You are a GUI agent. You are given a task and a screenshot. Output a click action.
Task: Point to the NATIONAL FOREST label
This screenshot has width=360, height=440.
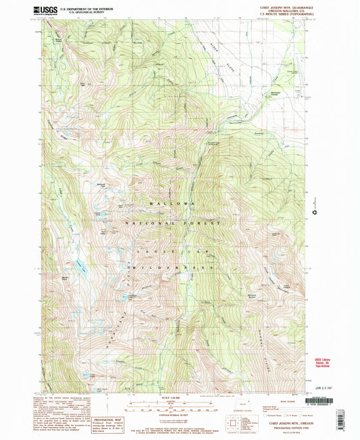172,222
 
